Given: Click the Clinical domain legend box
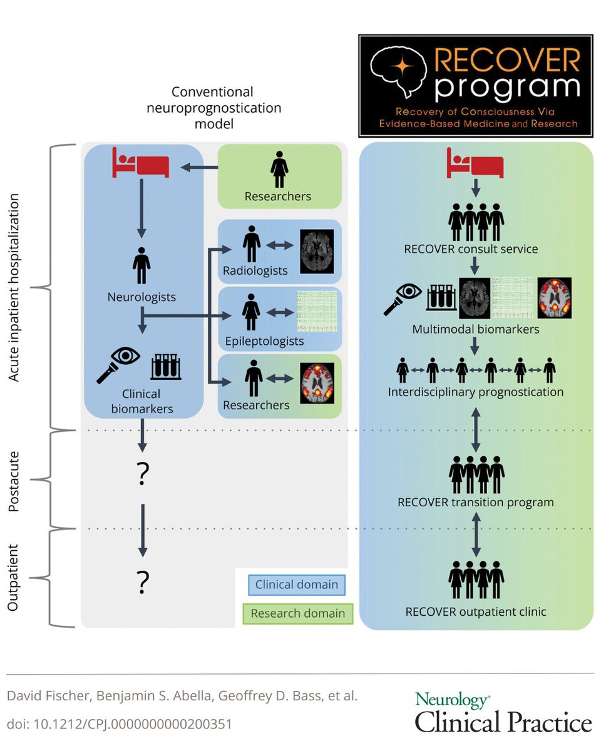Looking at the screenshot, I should (x=297, y=585).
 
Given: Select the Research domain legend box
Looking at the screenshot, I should (x=298, y=613).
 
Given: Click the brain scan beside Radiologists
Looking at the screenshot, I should (x=317, y=251).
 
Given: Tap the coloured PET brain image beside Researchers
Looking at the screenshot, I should (x=317, y=382).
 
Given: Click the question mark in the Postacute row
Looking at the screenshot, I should (x=142, y=476).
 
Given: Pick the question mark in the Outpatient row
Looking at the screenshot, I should (x=142, y=583).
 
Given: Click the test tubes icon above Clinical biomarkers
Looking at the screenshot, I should (x=165, y=367).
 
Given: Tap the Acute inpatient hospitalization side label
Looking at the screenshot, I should (x=15, y=287).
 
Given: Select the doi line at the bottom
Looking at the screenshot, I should (x=119, y=724).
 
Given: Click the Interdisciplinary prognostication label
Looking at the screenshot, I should (x=476, y=392).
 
